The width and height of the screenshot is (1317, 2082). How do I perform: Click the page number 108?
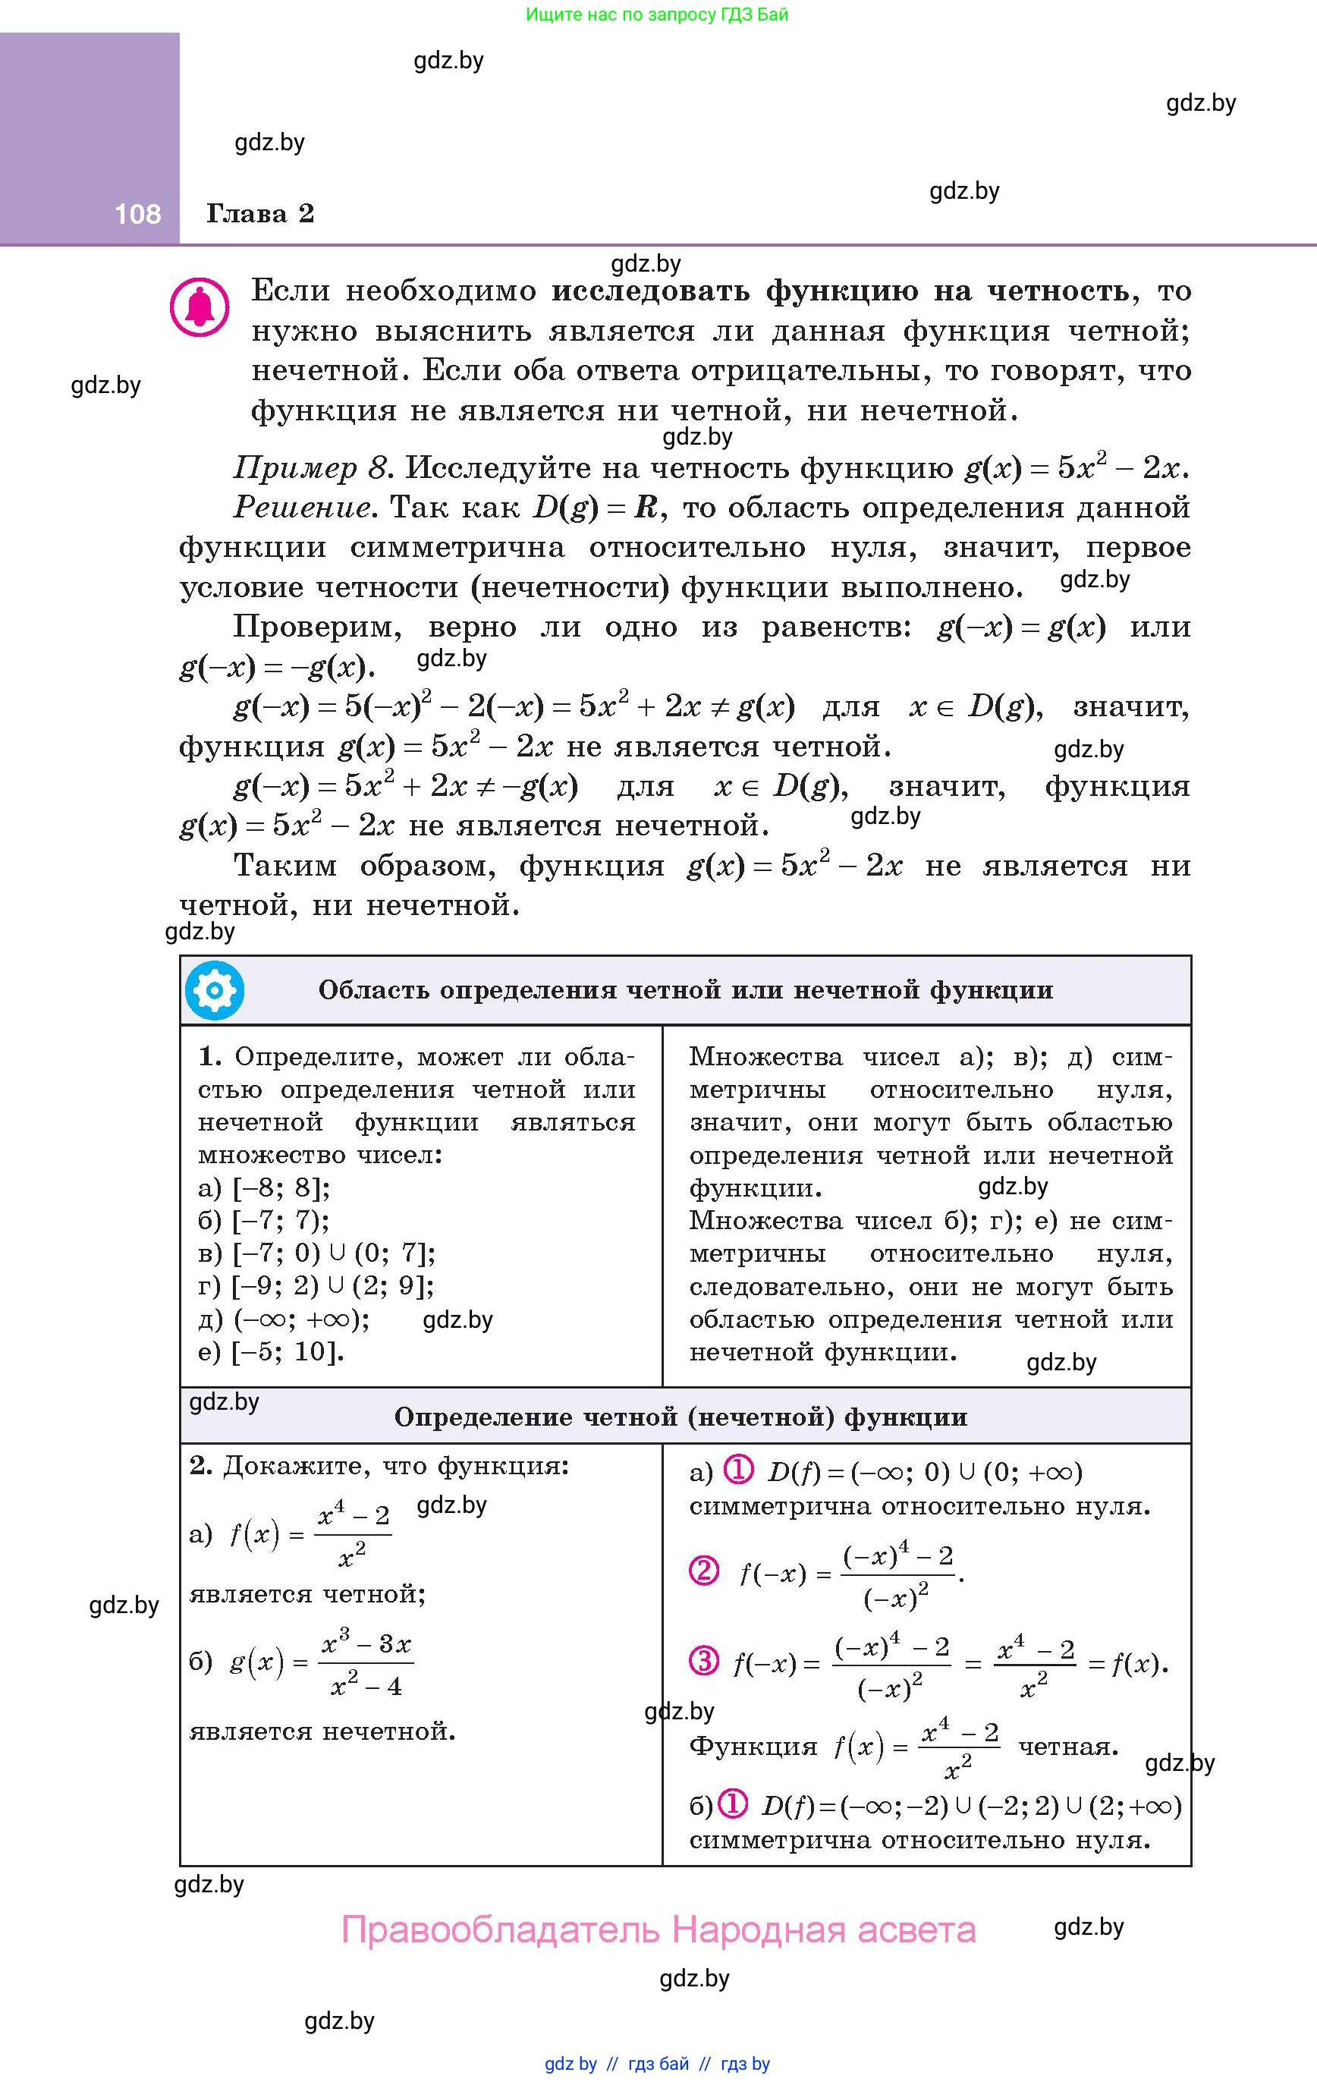[x=137, y=213]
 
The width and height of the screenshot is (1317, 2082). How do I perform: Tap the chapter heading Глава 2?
[x=259, y=213]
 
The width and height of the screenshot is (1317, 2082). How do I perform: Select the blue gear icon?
[x=215, y=990]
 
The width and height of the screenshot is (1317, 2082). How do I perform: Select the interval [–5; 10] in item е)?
[x=287, y=1351]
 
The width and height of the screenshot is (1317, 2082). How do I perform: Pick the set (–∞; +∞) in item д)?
[x=301, y=1319]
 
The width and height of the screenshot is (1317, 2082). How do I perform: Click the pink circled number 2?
[x=704, y=1569]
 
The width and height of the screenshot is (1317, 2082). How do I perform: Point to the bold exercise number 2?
[x=200, y=1466]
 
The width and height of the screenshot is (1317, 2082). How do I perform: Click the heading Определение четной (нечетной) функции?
[x=681, y=1417]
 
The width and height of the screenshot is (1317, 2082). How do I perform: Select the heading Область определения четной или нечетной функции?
[x=686, y=990]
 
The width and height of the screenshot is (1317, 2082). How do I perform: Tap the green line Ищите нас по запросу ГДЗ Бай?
[x=657, y=14]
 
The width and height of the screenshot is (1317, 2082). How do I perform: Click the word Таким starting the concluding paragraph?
[x=284, y=866]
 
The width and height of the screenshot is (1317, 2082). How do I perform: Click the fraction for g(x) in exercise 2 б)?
[x=366, y=1665]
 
